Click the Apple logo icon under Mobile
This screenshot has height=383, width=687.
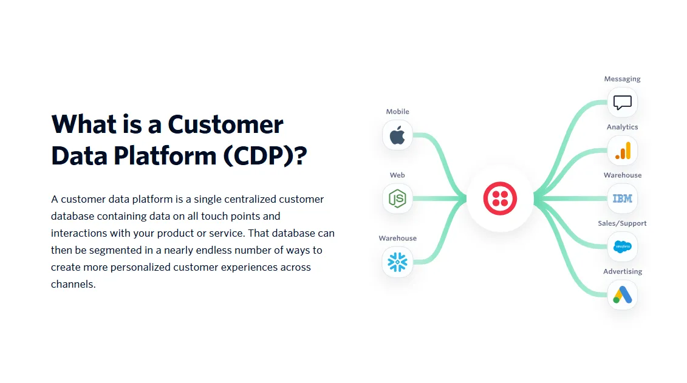pos(397,135)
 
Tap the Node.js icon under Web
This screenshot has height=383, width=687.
pos(397,198)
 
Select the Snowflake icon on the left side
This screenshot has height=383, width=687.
pos(397,262)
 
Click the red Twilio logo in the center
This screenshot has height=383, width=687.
pos(500,198)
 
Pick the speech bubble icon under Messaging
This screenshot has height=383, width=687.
pos(622,103)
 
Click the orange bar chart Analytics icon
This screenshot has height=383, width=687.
pos(622,151)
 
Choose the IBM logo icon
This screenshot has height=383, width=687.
pos(622,198)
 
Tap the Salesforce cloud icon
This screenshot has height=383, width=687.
pos(622,246)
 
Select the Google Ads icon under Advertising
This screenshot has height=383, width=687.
pos(622,295)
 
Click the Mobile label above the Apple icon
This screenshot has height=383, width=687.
pos(397,112)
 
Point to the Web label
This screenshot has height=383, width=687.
pos(397,175)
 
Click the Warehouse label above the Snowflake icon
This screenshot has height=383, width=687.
pos(397,239)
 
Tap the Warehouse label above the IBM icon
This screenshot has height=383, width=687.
pos(622,175)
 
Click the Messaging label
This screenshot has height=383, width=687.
pos(622,79)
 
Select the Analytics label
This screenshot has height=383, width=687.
pos(622,127)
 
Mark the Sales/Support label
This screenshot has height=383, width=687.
pos(622,223)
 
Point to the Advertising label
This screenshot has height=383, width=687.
pos(622,272)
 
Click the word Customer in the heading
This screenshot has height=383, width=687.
pos(225,124)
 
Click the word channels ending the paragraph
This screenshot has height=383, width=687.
pos(73,284)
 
